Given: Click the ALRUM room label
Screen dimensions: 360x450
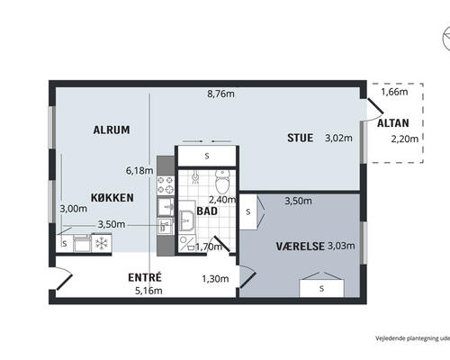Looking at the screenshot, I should [x=112, y=130].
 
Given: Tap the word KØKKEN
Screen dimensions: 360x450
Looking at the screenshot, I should [x=112, y=196].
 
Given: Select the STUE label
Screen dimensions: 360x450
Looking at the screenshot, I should [x=300, y=138].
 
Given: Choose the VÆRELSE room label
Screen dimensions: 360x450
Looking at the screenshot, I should [x=298, y=246].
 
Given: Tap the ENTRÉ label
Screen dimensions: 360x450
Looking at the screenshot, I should [x=145, y=277].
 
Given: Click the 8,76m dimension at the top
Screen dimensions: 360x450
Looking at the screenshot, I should [x=221, y=93].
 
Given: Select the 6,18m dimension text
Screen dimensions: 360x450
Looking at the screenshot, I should [x=139, y=169].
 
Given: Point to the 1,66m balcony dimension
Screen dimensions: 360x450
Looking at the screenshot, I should [x=394, y=92].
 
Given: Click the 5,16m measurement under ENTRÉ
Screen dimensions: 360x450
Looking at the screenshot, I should [x=148, y=291].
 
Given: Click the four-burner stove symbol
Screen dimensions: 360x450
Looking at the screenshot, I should [x=166, y=185].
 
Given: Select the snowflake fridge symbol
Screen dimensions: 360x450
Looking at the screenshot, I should [x=102, y=242].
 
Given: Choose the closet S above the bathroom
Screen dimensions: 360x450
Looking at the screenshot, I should [x=206, y=157].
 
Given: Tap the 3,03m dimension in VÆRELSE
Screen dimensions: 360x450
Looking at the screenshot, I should [x=341, y=246].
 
